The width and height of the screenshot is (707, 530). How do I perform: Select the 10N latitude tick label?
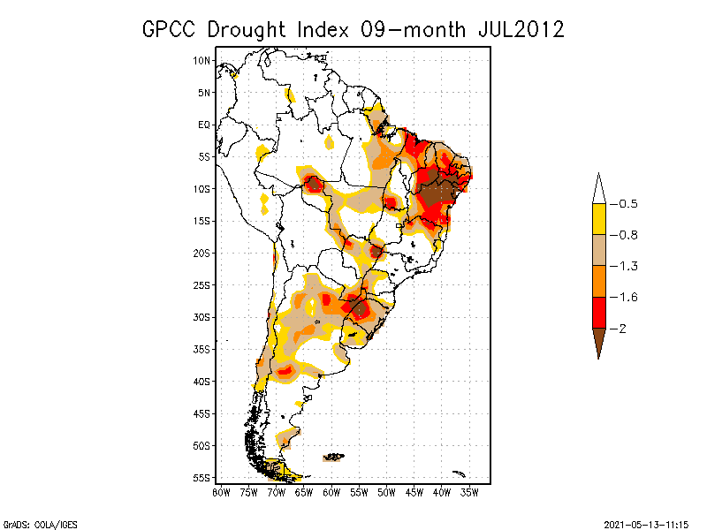[202, 60]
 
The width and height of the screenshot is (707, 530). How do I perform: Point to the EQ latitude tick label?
[204, 125]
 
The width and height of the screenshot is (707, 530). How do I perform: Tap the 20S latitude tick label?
[202, 253]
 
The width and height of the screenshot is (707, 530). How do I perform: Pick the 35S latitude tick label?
[202, 349]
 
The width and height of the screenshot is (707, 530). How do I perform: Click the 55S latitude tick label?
[202, 477]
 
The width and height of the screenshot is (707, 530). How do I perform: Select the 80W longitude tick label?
[221, 492]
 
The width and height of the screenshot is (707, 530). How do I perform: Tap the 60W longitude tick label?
[331, 492]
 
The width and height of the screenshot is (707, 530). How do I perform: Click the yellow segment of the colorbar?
[598, 219]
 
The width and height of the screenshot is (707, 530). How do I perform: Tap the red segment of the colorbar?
[598, 312]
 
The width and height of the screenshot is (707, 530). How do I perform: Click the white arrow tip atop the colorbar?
[598, 189]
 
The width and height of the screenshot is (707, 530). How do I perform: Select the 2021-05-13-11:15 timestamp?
[647, 522]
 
